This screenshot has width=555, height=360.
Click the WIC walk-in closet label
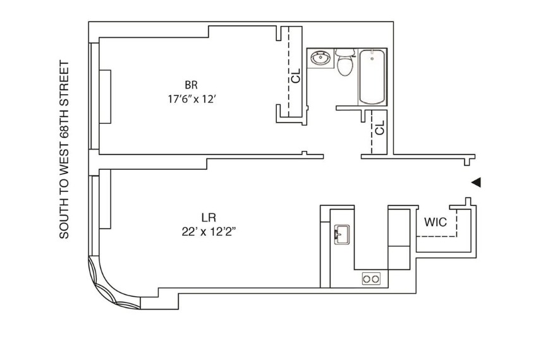(x=436, y=222)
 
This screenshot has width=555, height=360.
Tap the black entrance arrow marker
(x=477, y=182)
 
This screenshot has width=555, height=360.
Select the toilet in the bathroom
(x=345, y=63)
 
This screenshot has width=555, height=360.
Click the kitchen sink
(x=341, y=234)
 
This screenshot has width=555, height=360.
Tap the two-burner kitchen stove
(x=370, y=279)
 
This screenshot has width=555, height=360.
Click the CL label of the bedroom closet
(x=296, y=76)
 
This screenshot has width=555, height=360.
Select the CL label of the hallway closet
(x=379, y=128)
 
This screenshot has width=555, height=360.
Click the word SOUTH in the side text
(x=64, y=220)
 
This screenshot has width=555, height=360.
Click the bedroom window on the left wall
(x=95, y=97)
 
